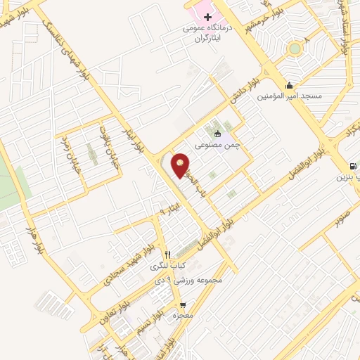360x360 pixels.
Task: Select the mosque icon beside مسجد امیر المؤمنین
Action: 289,85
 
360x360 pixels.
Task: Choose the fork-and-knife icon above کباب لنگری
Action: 167,255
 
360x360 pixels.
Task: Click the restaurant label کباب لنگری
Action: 167,266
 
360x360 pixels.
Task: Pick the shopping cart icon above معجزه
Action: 184,305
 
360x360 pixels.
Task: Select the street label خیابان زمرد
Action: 73,150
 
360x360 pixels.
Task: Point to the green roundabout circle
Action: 294,49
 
